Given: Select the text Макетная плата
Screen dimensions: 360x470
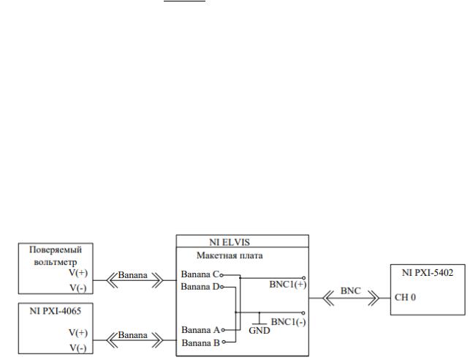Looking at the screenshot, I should coord(230,256).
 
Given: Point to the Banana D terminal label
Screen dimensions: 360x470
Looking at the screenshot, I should coord(199,287).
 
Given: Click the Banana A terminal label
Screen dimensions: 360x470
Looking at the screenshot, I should coord(199,329).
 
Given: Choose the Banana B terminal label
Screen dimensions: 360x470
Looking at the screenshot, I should coord(199,341).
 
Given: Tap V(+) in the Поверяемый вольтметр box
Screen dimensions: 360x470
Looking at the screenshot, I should coord(77,271).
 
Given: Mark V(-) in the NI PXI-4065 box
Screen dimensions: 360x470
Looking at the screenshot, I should coord(77,346).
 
